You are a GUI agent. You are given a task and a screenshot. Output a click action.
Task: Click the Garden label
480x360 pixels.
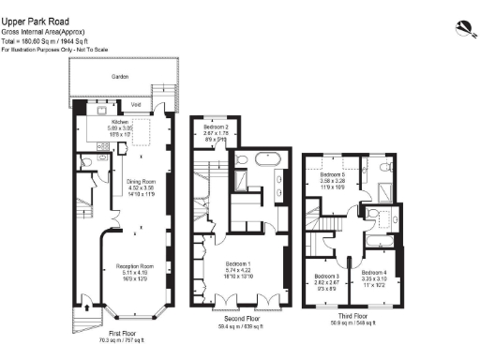[120, 76]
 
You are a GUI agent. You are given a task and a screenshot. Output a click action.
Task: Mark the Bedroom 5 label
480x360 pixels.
[333, 174]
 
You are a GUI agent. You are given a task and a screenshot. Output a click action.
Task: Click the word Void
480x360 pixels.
[135, 105]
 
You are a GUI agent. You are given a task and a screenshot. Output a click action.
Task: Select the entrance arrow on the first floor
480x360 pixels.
[87, 305]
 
